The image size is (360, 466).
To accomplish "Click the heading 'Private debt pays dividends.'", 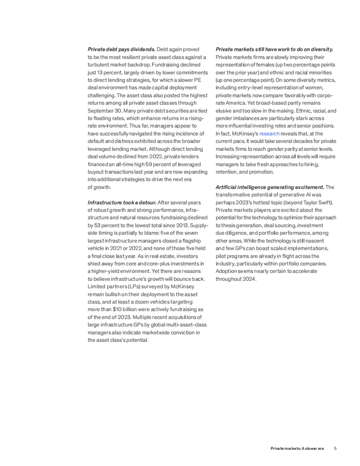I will [x=121, y=49].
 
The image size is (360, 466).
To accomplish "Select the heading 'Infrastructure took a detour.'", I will [x=122, y=203].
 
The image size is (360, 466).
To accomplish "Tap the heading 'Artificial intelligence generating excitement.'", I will [x=270, y=187].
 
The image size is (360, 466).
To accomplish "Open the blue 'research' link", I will [x=269, y=134].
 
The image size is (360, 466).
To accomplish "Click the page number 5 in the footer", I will [x=335, y=449].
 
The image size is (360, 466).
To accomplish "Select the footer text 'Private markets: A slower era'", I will [x=297, y=449].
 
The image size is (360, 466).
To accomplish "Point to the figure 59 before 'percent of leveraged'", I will [x=149, y=164].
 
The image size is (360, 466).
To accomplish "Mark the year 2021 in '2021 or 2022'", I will [x=115, y=248].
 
